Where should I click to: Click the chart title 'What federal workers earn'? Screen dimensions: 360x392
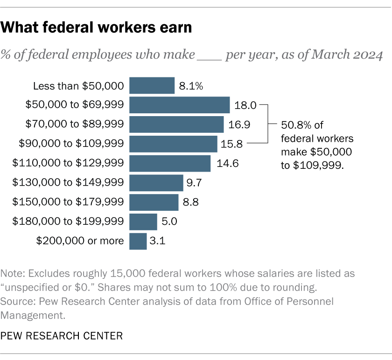click(97, 28)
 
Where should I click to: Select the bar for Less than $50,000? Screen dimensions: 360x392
click(152, 86)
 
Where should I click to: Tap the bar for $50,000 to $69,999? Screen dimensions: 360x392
click(179, 105)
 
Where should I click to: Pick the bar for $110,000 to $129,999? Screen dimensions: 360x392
click(170, 164)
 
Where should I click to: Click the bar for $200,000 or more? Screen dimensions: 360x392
click(138, 241)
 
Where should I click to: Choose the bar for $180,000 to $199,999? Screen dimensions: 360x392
click(143, 222)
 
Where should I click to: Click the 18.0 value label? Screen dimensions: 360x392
click(245, 105)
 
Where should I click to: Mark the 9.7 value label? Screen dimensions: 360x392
click(195, 183)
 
